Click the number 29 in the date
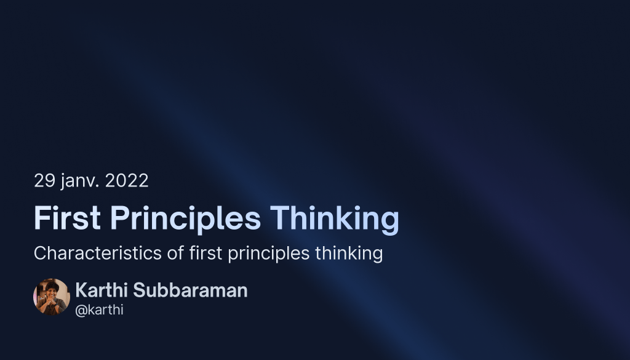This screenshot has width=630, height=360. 44,181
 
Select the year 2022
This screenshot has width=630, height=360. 127,181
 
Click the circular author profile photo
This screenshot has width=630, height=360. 52,297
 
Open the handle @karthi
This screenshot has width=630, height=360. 99,310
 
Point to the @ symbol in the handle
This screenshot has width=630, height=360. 80,310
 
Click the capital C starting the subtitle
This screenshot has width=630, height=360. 40,253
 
